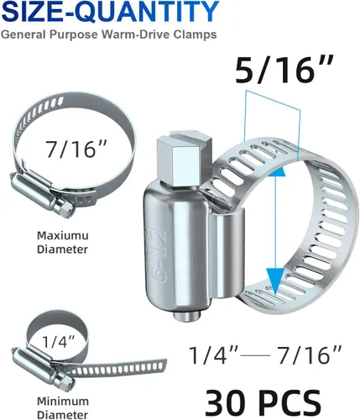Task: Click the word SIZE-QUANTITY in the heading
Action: (x=110, y=12)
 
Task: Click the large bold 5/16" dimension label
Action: (x=284, y=69)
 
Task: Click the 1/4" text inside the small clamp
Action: (x=59, y=341)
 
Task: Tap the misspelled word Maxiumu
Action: (x=63, y=235)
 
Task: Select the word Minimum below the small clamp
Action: (x=63, y=402)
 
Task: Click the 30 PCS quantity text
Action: (x=263, y=403)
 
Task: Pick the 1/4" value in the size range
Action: (x=214, y=355)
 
